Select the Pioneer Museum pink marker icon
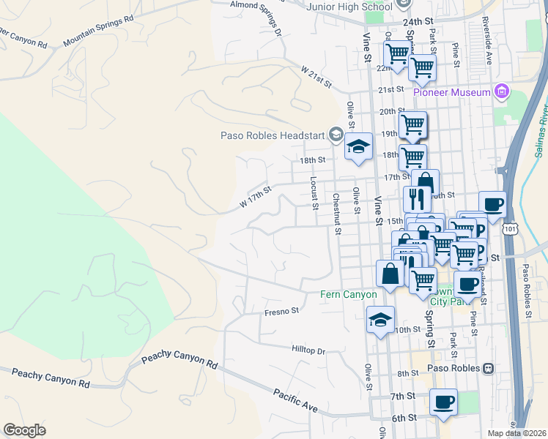pyautogui.click(x=501, y=92)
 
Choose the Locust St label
pyautogui.click(x=314, y=192)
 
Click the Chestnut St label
pyautogui.click(x=337, y=214)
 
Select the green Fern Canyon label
pyautogui.click(x=349, y=294)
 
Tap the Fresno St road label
pyautogui.click(x=281, y=311)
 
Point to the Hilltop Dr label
pyautogui.click(x=308, y=350)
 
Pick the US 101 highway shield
pyautogui.click(x=509, y=229)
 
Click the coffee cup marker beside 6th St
pyautogui.click(x=443, y=402)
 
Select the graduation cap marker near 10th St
pyautogui.click(x=380, y=319)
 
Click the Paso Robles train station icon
pyautogui.click(x=487, y=368)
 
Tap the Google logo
pyautogui.click(x=24, y=429)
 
